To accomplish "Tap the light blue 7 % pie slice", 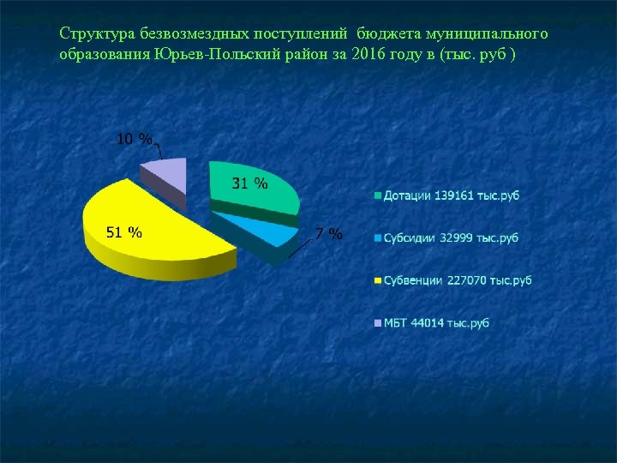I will [x=257, y=230].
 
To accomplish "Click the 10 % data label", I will [x=135, y=139].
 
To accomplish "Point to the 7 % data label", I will [x=329, y=234].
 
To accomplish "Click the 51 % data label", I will [x=123, y=232].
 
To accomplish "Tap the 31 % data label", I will [x=249, y=183].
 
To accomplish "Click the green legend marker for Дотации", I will [x=377, y=196].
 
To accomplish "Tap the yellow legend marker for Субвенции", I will [x=377, y=280].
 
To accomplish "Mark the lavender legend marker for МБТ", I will [x=377, y=323].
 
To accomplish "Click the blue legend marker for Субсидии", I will [x=377, y=238].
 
